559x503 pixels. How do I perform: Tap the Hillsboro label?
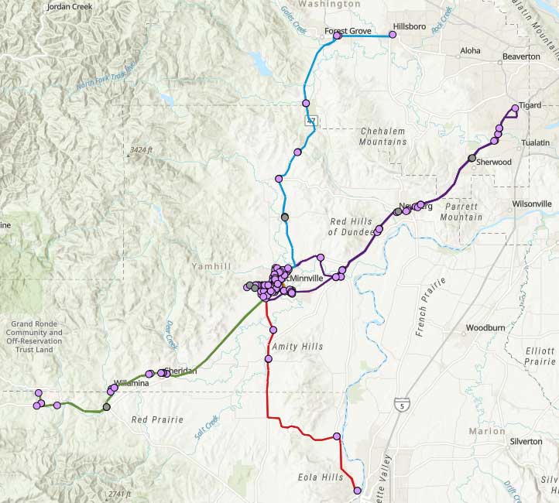410,26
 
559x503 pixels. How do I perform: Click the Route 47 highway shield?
311,121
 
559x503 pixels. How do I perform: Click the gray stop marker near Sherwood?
472,158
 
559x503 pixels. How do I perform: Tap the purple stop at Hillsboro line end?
392,35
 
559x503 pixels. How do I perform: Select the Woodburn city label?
485,328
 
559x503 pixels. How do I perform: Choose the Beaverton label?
521,56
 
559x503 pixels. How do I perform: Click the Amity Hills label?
297,347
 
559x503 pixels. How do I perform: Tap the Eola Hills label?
320,477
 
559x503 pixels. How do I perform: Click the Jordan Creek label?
69,6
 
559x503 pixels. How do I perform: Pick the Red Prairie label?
157,419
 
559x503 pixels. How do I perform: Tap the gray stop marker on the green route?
107,406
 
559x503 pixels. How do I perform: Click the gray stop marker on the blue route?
285,217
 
